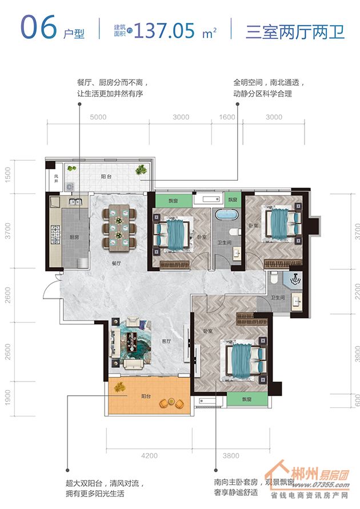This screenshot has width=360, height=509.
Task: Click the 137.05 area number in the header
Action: click(x=164, y=31)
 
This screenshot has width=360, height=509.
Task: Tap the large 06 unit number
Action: click(x=39, y=27)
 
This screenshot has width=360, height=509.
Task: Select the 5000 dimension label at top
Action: click(x=98, y=117)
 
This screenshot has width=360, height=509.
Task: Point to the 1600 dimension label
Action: click(x=227, y=117)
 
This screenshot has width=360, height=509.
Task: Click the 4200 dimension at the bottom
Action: click(x=149, y=456)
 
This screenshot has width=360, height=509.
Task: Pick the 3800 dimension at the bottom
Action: click(x=231, y=456)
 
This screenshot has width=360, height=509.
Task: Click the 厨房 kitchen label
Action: click(x=74, y=237)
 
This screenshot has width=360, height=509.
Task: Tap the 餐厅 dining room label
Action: click(x=117, y=264)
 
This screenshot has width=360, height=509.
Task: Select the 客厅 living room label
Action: click(x=166, y=341)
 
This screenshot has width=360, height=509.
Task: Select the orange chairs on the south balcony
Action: click(x=171, y=403)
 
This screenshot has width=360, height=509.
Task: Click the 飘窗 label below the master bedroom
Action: click(x=247, y=399)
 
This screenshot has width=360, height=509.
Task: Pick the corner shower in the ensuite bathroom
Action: click(x=293, y=279)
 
